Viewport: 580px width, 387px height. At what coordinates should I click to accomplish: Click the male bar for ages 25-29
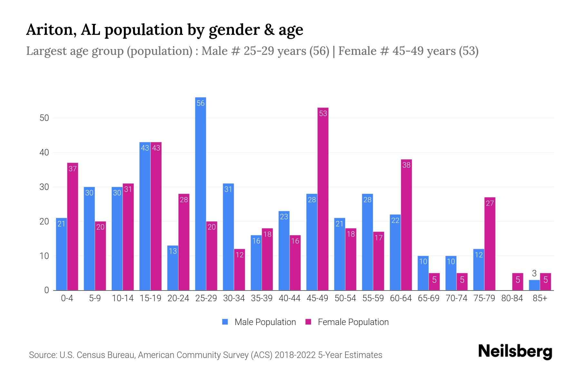(200, 193)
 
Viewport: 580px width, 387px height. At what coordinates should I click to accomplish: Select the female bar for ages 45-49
(323, 199)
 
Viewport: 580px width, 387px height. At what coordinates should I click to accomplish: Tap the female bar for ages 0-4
(72, 226)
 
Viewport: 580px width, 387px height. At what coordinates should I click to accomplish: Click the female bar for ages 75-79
(490, 244)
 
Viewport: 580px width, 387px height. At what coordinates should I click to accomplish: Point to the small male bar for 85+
(534, 285)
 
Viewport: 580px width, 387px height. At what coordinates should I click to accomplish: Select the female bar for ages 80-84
(517, 282)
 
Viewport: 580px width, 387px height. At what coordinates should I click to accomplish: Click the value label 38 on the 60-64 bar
(406, 165)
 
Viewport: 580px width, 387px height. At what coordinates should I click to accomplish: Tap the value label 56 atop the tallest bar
(200, 103)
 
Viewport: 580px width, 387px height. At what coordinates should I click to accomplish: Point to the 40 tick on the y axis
(44, 153)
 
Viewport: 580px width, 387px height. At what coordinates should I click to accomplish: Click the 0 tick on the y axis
(47, 290)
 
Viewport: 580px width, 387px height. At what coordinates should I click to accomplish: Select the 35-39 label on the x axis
(262, 298)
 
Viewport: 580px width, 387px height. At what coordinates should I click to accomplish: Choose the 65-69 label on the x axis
(428, 298)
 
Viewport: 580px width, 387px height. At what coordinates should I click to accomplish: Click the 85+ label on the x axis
(540, 298)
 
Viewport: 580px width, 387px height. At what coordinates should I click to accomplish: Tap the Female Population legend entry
(347, 322)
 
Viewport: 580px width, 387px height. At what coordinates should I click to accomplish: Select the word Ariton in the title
(51, 30)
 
